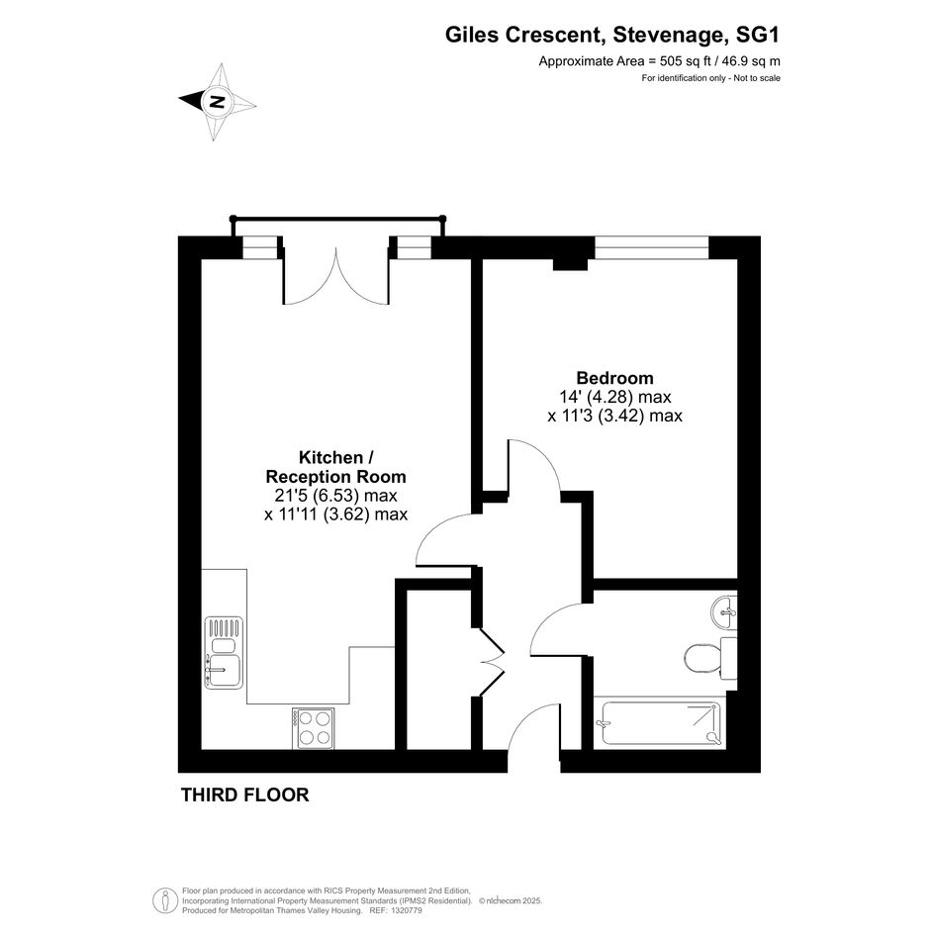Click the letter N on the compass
[x=218, y=101]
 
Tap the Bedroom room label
[x=614, y=378]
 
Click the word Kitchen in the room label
[x=330, y=458]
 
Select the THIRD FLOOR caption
[x=245, y=795]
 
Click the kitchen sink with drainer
[x=225, y=652]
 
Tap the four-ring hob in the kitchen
[x=313, y=728]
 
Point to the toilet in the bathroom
[x=710, y=658]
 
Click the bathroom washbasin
[x=724, y=611]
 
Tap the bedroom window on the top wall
[x=651, y=248]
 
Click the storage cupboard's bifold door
[x=490, y=662]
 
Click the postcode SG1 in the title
[x=757, y=36]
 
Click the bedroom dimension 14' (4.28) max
[x=614, y=397]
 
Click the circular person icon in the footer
[x=164, y=901]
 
